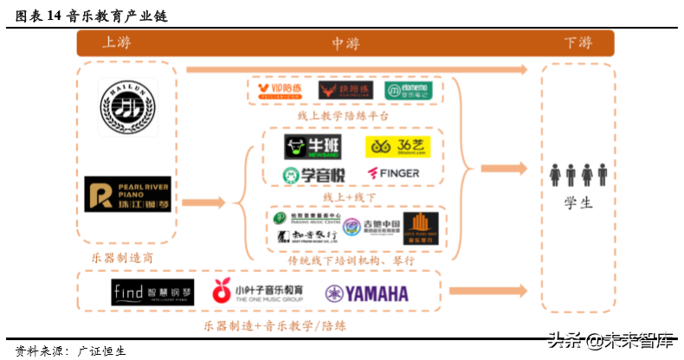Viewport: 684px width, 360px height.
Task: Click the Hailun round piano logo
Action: click(128, 108)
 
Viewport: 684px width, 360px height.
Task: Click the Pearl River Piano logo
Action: click(128, 195)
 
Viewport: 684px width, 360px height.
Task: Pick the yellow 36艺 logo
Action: click(393, 146)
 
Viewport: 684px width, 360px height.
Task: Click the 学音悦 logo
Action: click(313, 174)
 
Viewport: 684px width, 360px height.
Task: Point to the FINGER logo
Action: click(394, 173)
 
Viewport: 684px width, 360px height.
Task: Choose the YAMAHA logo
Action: click(366, 293)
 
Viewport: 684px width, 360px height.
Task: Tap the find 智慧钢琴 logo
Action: click(153, 292)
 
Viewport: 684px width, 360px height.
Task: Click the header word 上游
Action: click(119, 42)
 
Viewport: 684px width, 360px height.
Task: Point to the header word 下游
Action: click(578, 42)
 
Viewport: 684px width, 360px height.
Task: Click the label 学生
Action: click(578, 203)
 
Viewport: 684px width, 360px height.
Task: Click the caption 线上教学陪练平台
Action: click(343, 116)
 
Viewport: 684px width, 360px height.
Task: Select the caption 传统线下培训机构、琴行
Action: click(352, 260)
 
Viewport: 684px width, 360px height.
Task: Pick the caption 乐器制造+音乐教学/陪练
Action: click(274, 325)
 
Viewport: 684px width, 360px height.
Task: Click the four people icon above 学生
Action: click(578, 175)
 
